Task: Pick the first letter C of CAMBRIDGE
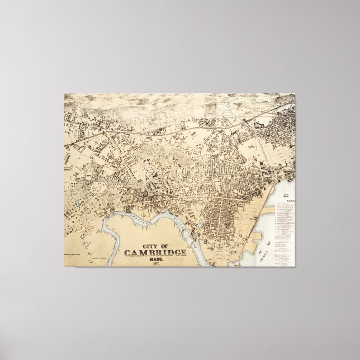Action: coord(128,252)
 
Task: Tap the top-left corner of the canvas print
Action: coord(64,94)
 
